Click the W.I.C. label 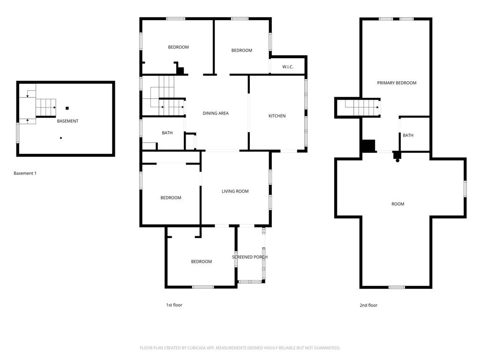288,67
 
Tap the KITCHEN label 277,116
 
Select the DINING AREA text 216,113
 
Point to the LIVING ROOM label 235,191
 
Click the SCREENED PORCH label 250,257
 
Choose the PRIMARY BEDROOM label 397,83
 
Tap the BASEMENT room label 67,121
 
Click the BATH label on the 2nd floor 408,135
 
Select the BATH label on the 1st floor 167,133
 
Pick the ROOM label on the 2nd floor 397,204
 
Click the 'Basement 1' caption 25,173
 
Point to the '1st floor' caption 174,305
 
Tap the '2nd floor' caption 368,305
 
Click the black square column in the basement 67,108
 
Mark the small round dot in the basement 61,138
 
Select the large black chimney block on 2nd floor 368,146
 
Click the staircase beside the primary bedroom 362,107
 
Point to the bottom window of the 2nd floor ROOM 397,287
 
